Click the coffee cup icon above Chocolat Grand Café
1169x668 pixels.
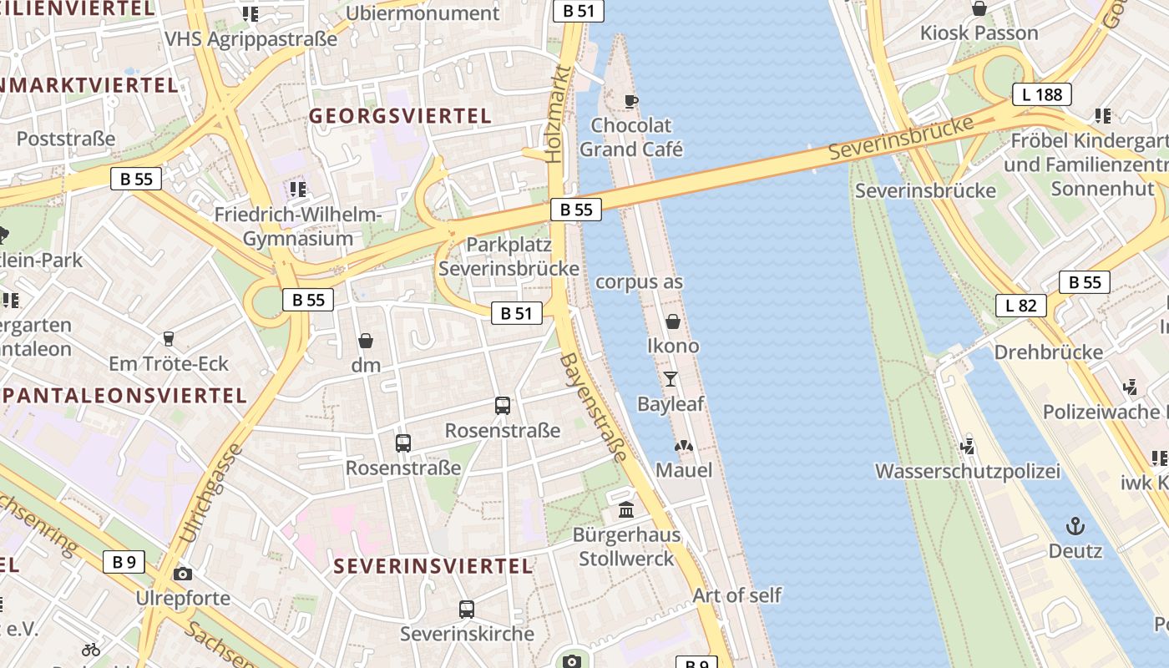point(631,101)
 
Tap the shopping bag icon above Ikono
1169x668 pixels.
point(673,321)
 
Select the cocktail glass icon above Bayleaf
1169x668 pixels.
point(671,379)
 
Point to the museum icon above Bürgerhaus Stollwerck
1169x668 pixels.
point(625,509)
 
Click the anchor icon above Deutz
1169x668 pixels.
point(1075,526)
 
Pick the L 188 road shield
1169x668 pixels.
point(1042,94)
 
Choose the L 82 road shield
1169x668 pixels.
point(1020,305)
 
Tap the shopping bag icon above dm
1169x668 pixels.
point(366,341)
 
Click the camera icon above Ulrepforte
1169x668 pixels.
point(183,574)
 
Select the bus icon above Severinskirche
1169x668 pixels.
point(467,610)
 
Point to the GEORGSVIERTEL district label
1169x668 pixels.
point(401,116)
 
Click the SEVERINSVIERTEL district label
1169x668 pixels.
point(433,566)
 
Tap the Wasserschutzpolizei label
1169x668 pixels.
point(967,471)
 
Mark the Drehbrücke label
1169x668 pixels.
point(1048,352)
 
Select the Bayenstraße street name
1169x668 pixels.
point(594,407)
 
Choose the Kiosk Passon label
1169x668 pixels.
point(979,33)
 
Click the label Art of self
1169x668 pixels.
point(736,595)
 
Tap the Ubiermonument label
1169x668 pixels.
point(422,13)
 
